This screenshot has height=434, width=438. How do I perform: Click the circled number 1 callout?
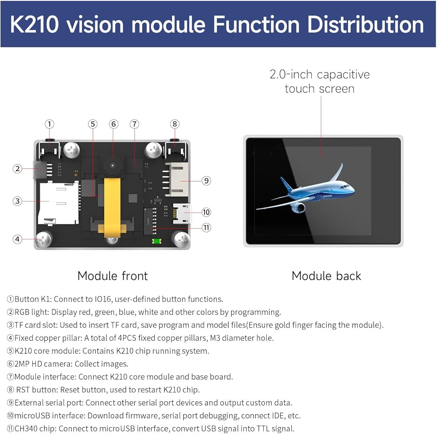click(x=49, y=124)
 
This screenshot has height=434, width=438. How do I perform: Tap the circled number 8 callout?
click(x=175, y=124)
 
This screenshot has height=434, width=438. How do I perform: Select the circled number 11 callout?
click(x=206, y=227)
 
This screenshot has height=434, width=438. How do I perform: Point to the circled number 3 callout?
click(x=17, y=201)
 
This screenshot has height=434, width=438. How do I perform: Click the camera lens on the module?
click(x=113, y=165)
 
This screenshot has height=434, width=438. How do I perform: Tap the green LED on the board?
click(x=155, y=241)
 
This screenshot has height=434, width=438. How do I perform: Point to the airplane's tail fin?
click(x=286, y=184)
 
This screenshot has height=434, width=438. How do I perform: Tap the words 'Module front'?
click(x=113, y=276)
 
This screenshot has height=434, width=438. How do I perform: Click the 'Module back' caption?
click(x=326, y=276)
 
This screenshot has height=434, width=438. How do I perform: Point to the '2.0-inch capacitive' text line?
click(x=319, y=74)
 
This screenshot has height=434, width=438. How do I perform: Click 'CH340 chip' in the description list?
click(x=35, y=428)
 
